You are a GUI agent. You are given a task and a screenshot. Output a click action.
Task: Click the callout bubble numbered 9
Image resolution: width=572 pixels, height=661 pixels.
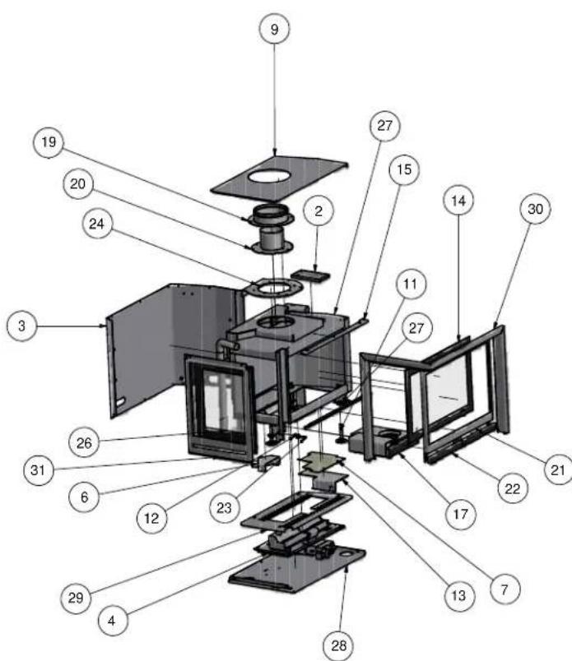tap(274, 30)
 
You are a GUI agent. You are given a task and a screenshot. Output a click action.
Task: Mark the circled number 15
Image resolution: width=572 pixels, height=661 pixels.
tap(403, 169)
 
